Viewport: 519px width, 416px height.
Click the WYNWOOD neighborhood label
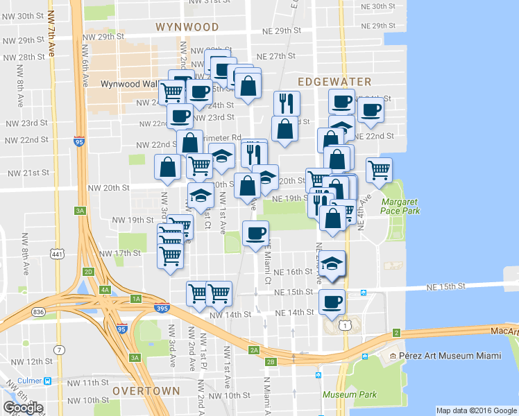[x=187, y=27]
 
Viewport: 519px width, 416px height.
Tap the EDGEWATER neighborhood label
[x=334, y=82]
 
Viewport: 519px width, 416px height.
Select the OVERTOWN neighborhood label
[x=146, y=391]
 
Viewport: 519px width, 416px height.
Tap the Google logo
[x=23, y=408]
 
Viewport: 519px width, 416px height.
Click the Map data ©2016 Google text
[x=476, y=410]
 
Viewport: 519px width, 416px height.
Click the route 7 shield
[x=60, y=349]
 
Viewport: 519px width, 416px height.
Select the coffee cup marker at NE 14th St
[x=331, y=302]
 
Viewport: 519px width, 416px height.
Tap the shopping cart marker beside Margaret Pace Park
[x=379, y=169]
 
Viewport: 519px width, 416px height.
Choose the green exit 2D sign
[x=87, y=271]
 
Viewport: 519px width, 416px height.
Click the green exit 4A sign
[x=105, y=289]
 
